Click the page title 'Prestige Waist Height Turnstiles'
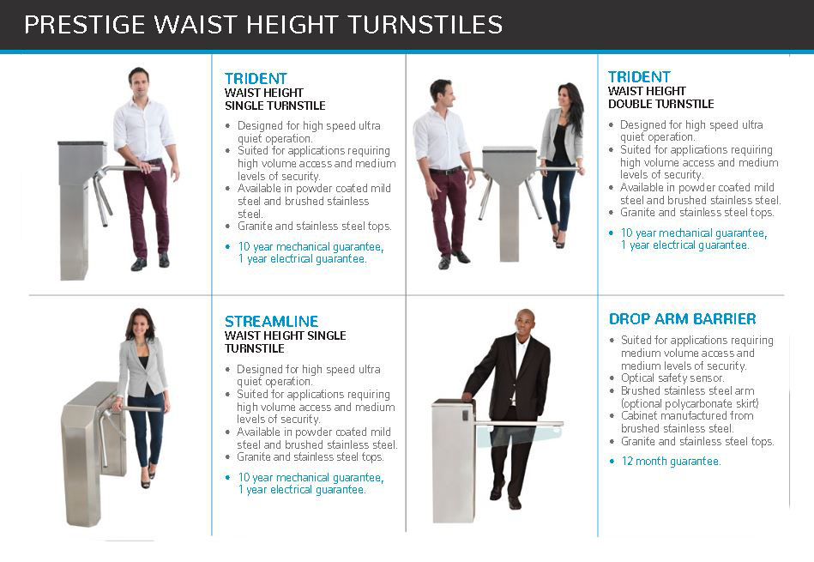262,25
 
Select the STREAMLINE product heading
271,322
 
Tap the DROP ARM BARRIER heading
682,319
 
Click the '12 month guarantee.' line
671,462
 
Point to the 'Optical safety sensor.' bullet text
672,378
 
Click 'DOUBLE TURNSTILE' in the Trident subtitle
660,104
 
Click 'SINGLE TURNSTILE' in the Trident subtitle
274,106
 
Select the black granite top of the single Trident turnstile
81,144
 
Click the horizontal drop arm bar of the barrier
515,423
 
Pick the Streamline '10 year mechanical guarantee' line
310,478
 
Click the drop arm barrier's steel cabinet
453,463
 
